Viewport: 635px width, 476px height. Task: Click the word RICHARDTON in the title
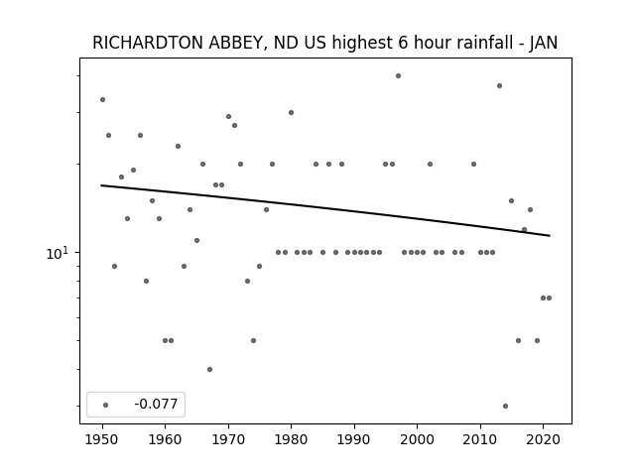(148, 43)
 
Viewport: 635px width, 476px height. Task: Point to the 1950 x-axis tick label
(102, 439)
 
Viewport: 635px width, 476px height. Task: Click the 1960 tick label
(166, 439)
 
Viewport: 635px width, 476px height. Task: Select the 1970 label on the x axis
(228, 439)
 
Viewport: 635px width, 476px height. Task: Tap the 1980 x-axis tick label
(292, 439)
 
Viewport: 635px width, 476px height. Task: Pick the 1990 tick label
(354, 439)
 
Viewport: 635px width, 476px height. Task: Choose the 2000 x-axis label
(418, 439)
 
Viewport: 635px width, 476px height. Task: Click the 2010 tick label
(480, 439)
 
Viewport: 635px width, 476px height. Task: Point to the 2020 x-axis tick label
(544, 439)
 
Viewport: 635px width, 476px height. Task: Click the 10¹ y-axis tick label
(58, 253)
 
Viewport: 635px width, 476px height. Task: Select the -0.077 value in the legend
(156, 404)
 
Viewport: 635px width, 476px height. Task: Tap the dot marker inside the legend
(106, 405)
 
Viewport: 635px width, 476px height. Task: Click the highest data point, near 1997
(399, 75)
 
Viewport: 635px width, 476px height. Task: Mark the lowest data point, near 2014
(505, 406)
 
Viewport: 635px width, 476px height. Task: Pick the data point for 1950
(103, 99)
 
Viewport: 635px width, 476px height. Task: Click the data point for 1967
(209, 369)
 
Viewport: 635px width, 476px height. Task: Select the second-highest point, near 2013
(500, 86)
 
